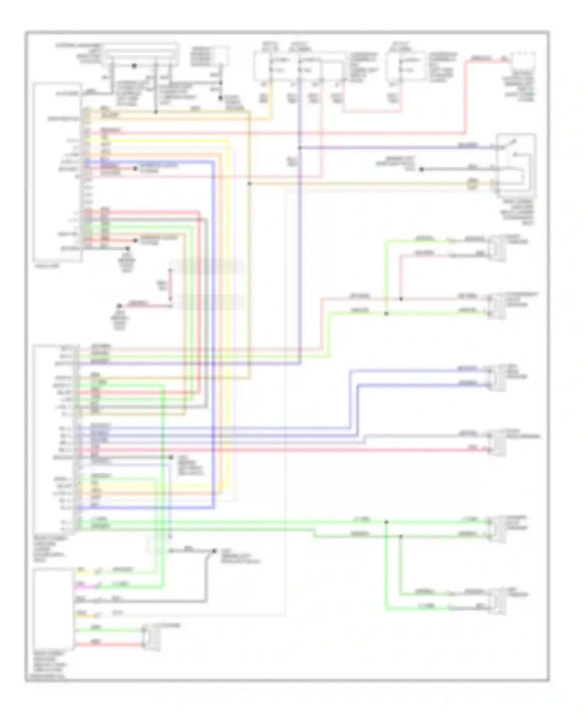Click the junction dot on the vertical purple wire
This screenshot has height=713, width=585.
pos(300,148)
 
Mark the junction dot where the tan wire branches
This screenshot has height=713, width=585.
pos(250,183)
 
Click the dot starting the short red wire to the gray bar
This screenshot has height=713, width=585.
pos(120,306)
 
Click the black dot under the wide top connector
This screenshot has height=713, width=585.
pos(134,66)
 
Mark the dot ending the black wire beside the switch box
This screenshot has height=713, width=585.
pos(421,169)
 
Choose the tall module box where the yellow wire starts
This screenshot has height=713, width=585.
pos(58,172)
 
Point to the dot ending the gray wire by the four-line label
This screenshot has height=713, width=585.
pos(170,457)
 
